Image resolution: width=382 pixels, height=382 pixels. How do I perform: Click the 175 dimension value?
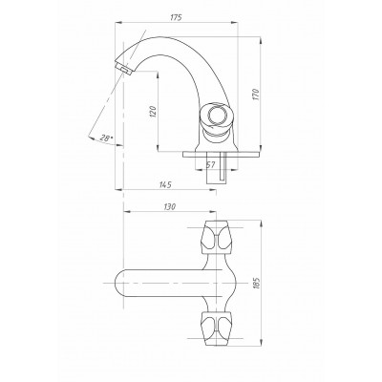pos(176,17)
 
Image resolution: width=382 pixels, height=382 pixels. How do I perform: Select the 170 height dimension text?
pos(257,95)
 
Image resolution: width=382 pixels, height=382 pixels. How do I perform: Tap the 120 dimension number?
pos(153,112)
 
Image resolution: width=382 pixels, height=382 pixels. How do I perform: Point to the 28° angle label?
pos(106,138)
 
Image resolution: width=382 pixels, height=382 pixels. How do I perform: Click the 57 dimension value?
pos(211,164)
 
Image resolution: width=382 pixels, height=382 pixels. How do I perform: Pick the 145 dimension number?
pos(165,184)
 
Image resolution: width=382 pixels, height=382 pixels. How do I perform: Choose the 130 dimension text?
pos(170,206)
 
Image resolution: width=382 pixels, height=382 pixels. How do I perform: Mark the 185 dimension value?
pos(257,283)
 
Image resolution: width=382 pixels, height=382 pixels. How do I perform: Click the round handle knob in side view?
pos(216,116)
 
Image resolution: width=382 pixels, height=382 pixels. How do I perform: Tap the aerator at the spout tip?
pos(124,69)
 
